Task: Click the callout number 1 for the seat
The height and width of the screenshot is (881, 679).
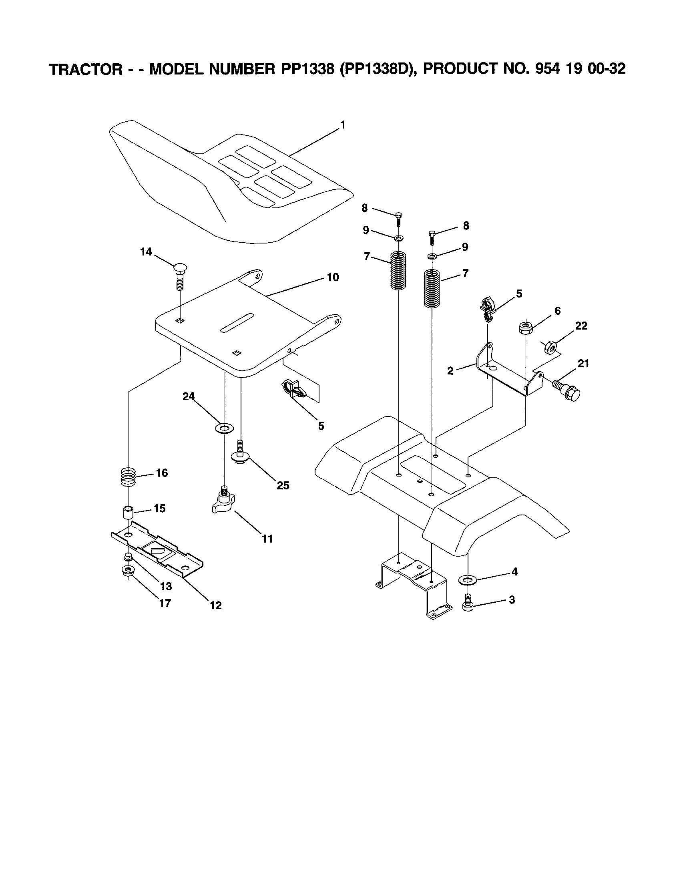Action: coord(342,125)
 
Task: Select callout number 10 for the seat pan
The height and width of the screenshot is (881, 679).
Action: coord(333,277)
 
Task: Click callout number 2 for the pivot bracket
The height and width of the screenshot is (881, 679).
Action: coord(450,371)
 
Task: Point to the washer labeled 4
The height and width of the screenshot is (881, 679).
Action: coord(468,580)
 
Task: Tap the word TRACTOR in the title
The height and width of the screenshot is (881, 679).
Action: coord(85,69)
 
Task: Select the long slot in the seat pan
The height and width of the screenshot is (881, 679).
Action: coord(237,322)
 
